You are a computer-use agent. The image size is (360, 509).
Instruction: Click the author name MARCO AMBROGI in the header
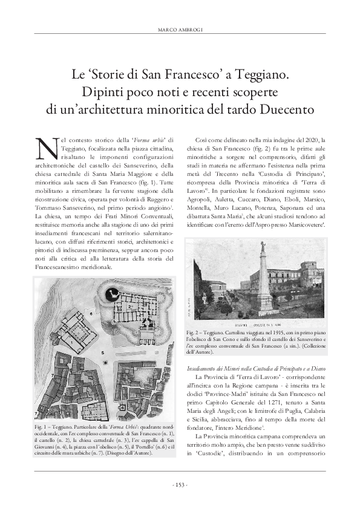coord(180,30)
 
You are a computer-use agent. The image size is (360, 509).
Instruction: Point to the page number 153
coord(180,484)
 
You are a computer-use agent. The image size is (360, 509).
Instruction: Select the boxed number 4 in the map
coord(123,390)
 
